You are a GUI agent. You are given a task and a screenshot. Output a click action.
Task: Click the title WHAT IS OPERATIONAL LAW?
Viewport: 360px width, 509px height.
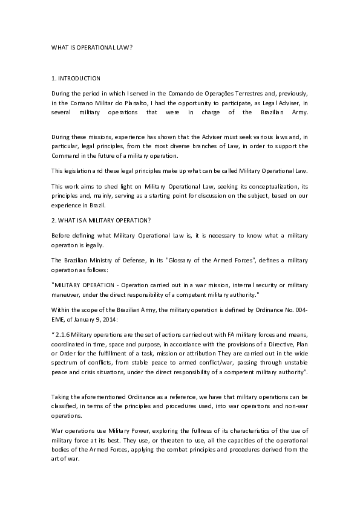point(91,46)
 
